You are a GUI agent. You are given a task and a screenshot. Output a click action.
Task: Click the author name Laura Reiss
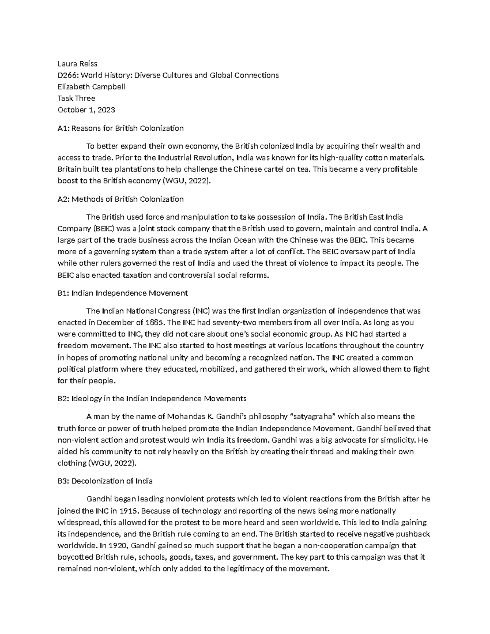78,64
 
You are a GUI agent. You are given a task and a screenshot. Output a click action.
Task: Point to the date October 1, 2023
86,110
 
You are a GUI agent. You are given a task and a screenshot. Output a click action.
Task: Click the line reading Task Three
76,98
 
